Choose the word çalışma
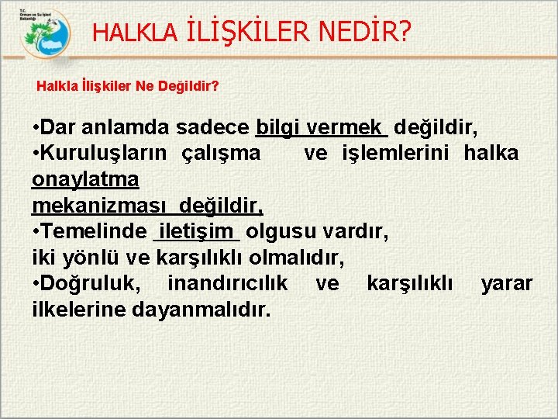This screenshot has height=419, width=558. coord(221,153)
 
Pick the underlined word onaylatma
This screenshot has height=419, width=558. coord(85,179)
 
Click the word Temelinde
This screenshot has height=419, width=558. coord(96,231)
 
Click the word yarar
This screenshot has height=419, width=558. coord(507,283)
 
